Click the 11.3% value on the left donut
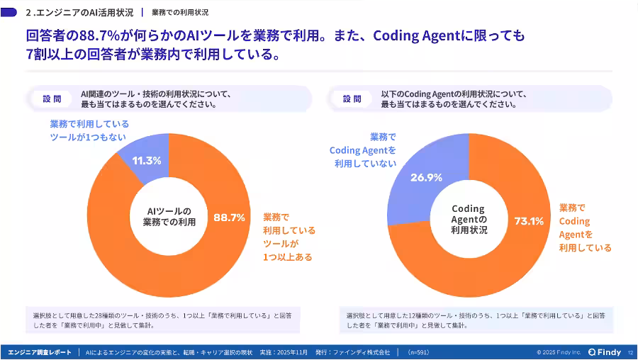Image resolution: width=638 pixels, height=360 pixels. (x=147, y=160)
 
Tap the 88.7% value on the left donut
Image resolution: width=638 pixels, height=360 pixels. (x=229, y=217)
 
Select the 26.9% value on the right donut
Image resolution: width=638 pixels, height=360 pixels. (x=426, y=177)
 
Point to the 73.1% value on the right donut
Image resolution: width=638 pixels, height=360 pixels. (x=529, y=221)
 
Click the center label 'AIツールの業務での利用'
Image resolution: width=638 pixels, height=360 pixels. (x=169, y=217)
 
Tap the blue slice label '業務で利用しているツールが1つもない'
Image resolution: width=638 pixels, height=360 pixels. (x=89, y=130)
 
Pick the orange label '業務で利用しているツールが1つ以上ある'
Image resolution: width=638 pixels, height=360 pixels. (x=289, y=237)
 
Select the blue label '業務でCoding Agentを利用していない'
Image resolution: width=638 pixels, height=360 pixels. (x=362, y=150)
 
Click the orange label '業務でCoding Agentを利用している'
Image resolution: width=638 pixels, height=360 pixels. (x=585, y=227)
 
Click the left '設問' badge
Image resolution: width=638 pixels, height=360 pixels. (x=52, y=99)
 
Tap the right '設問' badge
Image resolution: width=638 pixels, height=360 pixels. (x=352, y=99)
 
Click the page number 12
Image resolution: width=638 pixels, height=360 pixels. (x=630, y=352)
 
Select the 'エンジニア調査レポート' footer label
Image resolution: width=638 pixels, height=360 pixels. (x=40, y=352)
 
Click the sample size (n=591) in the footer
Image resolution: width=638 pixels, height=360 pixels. (x=418, y=352)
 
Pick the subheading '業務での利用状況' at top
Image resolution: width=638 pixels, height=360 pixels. (x=180, y=12)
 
